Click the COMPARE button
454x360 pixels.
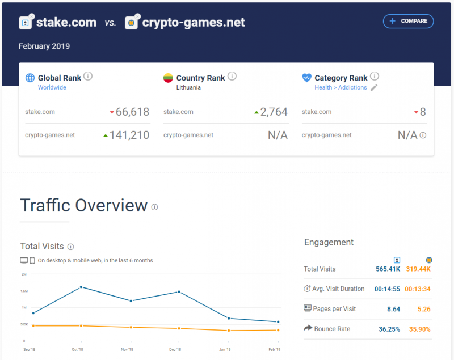(408, 21)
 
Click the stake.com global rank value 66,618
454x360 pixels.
(132, 112)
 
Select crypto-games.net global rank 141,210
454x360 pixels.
(129, 135)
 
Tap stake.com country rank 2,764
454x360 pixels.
(274, 112)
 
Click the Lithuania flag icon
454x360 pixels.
(168, 78)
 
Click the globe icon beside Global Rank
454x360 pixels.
(30, 78)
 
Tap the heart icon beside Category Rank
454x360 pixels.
(306, 78)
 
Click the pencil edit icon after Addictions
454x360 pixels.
(374, 87)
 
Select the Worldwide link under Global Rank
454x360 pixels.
(52, 87)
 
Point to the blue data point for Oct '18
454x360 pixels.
(81, 287)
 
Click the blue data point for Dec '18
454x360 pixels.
(179, 292)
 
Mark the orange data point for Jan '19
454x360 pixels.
(229, 331)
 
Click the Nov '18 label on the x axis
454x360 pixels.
(127, 350)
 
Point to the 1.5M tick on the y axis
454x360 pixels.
(24, 291)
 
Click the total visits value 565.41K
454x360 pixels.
(388, 269)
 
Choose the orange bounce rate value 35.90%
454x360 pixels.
(419, 329)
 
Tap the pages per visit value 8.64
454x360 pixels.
(393, 309)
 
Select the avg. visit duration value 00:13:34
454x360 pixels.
(418, 289)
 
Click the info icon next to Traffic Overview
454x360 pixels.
(154, 207)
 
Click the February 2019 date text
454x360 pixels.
(44, 46)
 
